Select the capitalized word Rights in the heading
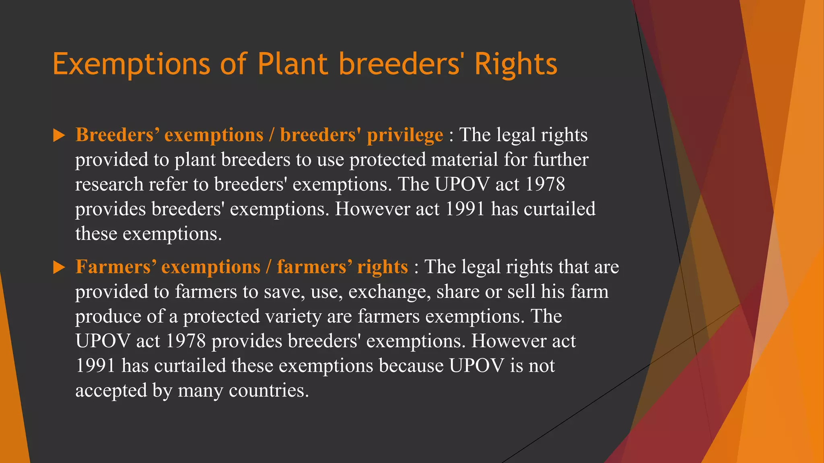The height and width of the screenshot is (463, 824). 516,64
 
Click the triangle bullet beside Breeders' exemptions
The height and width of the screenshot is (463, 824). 59,135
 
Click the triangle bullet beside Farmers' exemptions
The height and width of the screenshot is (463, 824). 59,267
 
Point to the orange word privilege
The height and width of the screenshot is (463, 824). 405,135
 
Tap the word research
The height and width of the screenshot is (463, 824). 109,184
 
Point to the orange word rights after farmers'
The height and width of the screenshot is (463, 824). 382,267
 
